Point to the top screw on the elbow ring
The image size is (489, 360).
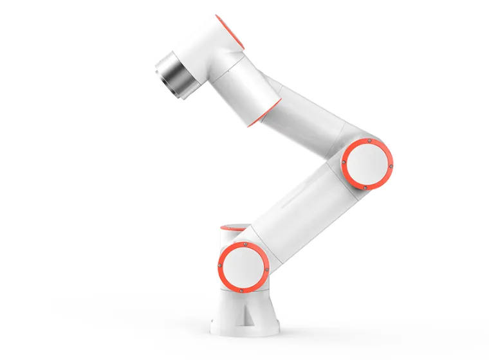[369, 140]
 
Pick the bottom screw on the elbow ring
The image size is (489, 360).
[365, 187]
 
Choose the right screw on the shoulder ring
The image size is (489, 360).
[266, 269]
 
